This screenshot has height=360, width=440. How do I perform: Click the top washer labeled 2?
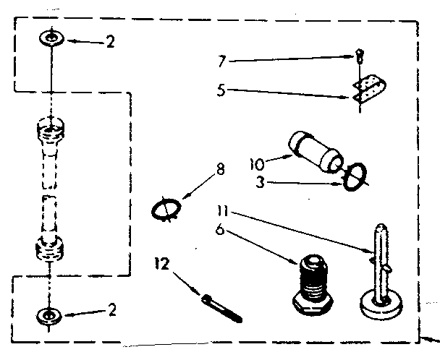click(48, 38)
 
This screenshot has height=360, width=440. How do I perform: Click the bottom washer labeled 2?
click(48, 314)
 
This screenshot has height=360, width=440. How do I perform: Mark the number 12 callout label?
click(163, 265)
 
